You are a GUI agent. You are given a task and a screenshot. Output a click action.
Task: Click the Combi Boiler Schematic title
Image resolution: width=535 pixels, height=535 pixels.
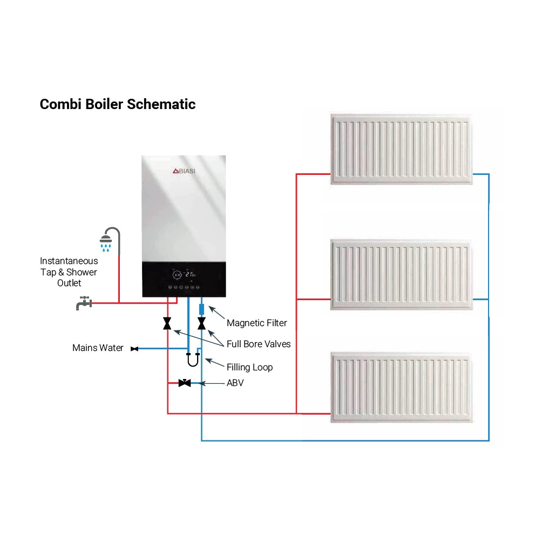click(x=117, y=104)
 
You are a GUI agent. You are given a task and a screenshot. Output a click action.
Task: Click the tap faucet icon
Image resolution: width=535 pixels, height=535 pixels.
click(x=83, y=303)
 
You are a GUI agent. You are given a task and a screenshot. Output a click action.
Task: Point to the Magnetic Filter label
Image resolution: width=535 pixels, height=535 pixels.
click(x=256, y=323)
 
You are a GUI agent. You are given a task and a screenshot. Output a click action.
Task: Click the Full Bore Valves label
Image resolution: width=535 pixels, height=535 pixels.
click(x=258, y=344)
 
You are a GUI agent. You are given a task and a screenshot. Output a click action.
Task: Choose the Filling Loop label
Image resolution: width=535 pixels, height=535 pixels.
click(x=249, y=367)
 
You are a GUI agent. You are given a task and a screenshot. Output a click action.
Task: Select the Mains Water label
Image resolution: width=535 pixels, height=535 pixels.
click(x=98, y=348)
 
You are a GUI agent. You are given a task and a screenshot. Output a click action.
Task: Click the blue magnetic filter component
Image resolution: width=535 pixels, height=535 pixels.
click(x=201, y=310)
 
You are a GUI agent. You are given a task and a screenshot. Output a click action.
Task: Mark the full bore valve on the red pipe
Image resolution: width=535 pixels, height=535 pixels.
click(x=167, y=323)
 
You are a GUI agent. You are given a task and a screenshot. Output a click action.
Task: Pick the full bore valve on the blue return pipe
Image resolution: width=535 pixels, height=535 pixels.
click(x=201, y=323)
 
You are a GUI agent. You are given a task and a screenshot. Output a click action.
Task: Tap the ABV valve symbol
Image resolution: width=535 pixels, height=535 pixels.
click(x=185, y=383)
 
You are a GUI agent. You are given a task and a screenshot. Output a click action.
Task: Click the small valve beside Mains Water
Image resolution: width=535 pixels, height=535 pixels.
click(x=134, y=348)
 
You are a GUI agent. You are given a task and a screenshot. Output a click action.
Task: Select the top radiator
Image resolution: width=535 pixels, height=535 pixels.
click(x=401, y=148)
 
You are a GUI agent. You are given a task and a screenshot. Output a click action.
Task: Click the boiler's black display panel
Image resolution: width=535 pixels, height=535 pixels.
click(x=184, y=279)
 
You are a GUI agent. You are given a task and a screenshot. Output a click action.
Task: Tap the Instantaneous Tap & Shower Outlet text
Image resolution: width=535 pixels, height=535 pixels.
click(x=69, y=272)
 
